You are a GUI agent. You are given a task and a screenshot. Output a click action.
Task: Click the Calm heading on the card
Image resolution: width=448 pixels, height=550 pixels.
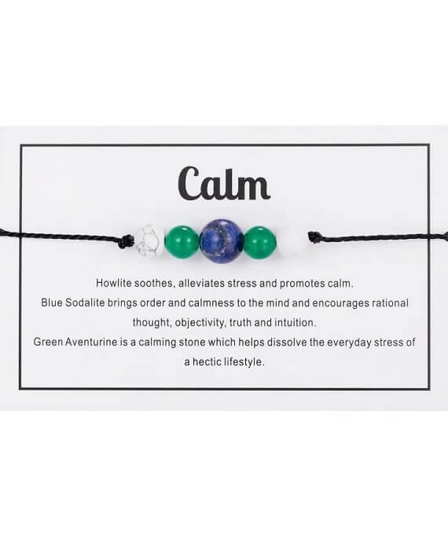pyautogui.click(x=224, y=183)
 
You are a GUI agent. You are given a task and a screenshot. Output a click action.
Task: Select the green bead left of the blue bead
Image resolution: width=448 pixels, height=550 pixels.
pyautogui.click(x=182, y=243)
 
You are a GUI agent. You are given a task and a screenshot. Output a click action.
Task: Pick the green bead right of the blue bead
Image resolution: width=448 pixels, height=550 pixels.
pyautogui.click(x=260, y=243)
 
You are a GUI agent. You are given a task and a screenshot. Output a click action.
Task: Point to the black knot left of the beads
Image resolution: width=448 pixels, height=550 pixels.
pyautogui.click(x=127, y=240)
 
